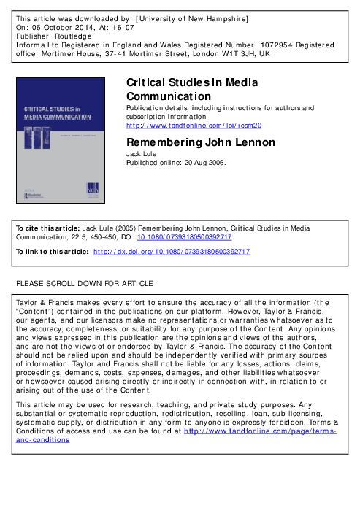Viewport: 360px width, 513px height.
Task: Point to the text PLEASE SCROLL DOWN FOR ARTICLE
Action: pos(85,283)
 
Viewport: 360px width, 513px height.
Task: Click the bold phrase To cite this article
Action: pos(47,228)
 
